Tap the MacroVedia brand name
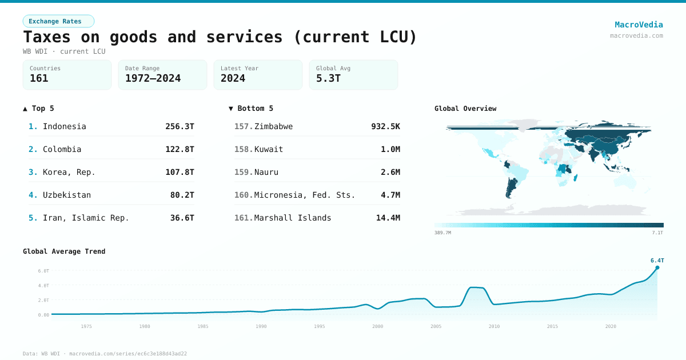click(639, 25)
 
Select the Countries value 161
click(39, 78)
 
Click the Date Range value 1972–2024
click(153, 78)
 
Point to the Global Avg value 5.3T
click(328, 78)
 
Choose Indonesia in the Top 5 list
click(64, 126)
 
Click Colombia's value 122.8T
click(180, 149)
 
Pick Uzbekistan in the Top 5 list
click(66, 195)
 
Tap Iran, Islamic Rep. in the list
click(86, 218)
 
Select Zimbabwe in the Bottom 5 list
click(273, 126)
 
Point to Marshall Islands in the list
click(293, 218)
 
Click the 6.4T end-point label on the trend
click(657, 260)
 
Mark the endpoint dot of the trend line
click(657, 267)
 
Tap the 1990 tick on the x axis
click(261, 326)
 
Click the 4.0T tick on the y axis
click(43, 285)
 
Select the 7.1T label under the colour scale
click(657, 233)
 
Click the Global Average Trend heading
click(64, 251)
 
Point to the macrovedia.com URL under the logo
click(636, 35)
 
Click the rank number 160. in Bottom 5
click(244, 195)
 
